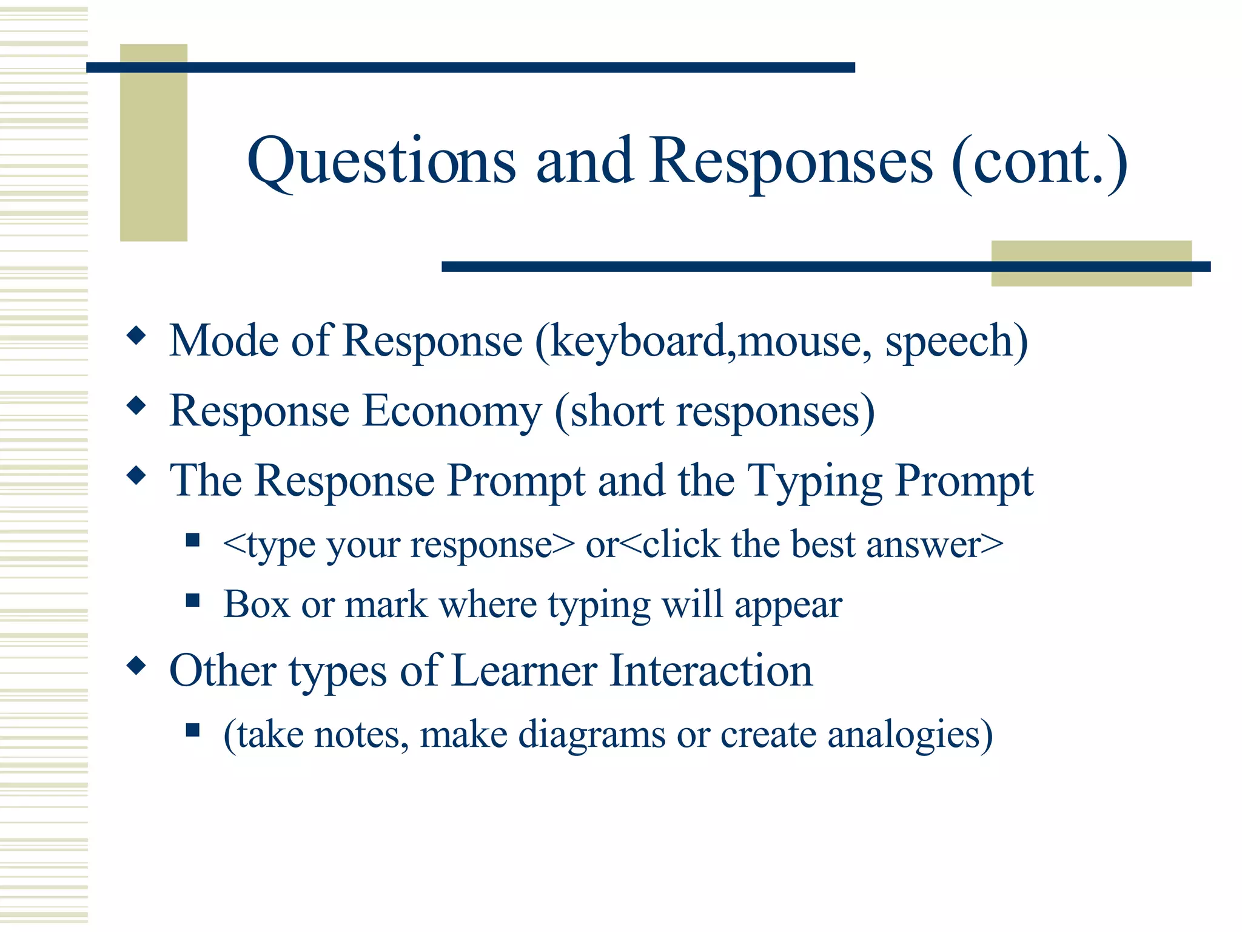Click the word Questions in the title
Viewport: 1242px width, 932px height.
pyautogui.click(x=381, y=163)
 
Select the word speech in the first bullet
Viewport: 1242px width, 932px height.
pyautogui.click(x=950, y=342)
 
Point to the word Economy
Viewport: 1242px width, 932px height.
pyautogui.click(x=452, y=412)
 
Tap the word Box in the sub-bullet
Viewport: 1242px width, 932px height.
pyautogui.click(x=256, y=604)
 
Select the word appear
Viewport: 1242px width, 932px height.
pyautogui.click(x=788, y=606)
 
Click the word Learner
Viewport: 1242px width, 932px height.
pyautogui.click(x=524, y=671)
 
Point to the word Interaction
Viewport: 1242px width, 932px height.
pyautogui.click(x=710, y=671)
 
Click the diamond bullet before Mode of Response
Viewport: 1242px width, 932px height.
pyautogui.click(x=136, y=335)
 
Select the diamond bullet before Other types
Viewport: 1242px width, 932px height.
pyautogui.click(x=136, y=666)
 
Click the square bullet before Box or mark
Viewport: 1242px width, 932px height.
pyautogui.click(x=193, y=601)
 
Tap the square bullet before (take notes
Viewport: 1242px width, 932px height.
pyautogui.click(x=193, y=730)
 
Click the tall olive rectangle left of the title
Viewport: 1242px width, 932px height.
pyautogui.click(x=153, y=143)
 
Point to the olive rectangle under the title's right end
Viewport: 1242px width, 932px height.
pyautogui.click(x=1091, y=263)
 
